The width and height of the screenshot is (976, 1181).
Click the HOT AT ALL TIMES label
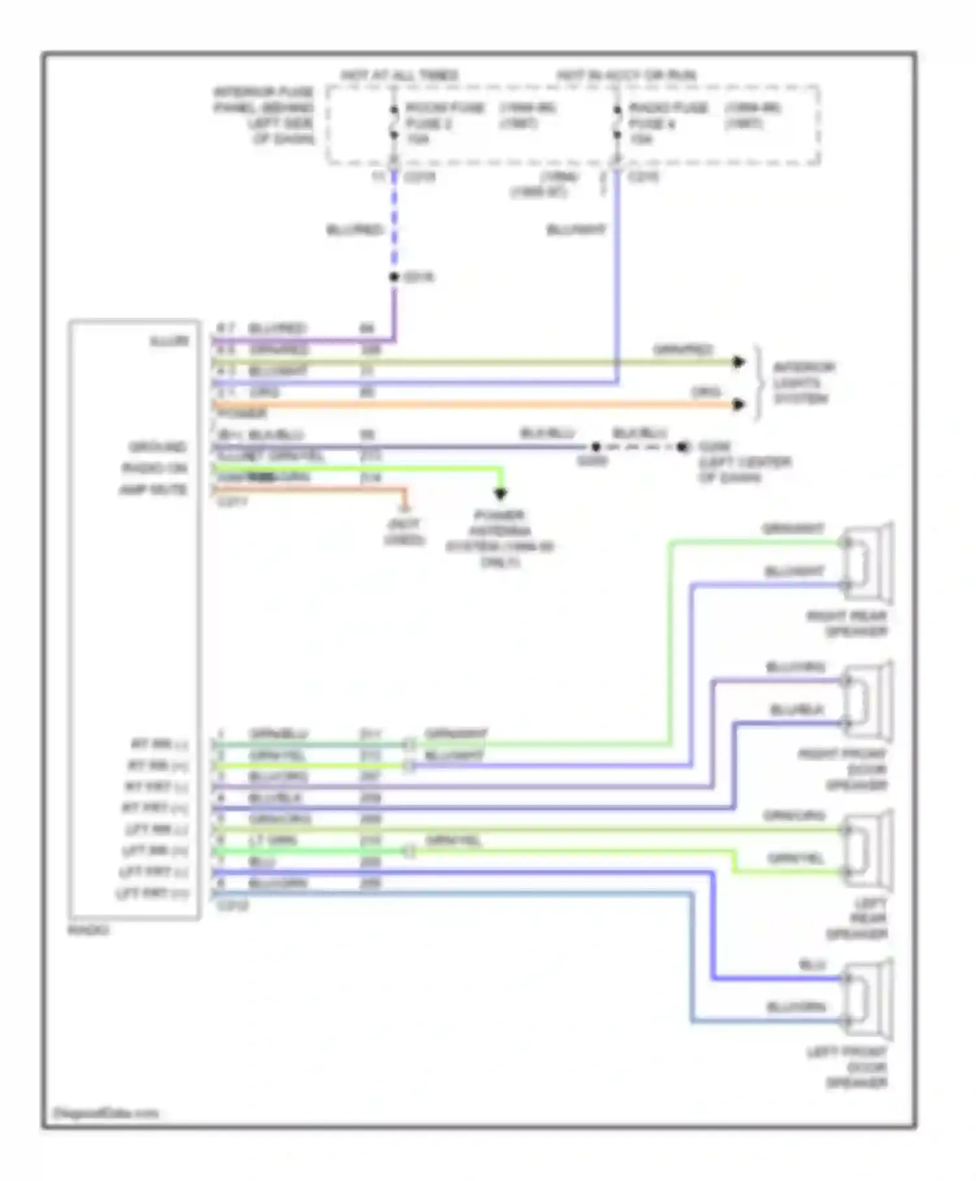click(x=400, y=76)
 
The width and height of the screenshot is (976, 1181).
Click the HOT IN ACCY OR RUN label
click(x=626, y=76)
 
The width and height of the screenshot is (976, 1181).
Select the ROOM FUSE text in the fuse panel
click(x=445, y=107)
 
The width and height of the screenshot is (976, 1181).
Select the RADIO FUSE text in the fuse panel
click(x=668, y=107)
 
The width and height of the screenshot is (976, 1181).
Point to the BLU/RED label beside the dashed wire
click(x=355, y=230)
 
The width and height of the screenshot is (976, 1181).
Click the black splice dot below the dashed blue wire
click(x=394, y=277)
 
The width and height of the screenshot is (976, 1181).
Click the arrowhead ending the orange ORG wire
click(x=738, y=404)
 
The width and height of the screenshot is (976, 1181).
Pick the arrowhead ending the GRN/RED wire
click(x=738, y=362)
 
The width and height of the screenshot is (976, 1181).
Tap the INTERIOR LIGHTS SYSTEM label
click(x=803, y=383)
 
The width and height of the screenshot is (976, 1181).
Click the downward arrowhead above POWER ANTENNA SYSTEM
click(x=500, y=494)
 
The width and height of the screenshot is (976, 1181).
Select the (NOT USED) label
click(x=404, y=532)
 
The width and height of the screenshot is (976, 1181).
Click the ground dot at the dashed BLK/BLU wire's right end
click(x=682, y=447)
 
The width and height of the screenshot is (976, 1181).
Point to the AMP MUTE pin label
click(x=154, y=490)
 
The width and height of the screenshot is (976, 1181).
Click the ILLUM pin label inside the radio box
click(x=170, y=341)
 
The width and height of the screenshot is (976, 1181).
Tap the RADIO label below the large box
click(x=88, y=930)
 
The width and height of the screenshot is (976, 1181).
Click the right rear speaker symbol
click(x=869, y=564)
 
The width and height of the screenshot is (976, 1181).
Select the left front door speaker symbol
click(x=869, y=1000)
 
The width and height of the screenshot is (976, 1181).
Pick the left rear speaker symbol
click(x=869, y=850)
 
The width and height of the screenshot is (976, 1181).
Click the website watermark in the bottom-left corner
click(x=106, y=1113)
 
